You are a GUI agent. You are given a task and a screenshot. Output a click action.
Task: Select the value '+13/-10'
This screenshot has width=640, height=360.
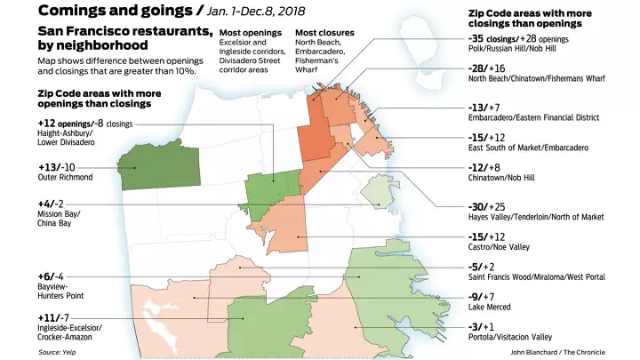pos(58,166)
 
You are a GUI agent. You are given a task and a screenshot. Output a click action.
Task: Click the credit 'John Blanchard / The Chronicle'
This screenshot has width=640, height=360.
pos(557,353)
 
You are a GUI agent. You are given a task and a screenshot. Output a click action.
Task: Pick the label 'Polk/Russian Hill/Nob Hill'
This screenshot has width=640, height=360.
pos(514,50)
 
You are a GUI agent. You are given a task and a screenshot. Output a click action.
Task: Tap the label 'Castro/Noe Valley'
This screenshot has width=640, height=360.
pos(498,248)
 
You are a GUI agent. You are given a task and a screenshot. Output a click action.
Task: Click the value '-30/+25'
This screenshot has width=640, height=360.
pos(486,206)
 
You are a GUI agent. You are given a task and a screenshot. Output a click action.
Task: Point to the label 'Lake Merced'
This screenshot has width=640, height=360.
pos(489,307)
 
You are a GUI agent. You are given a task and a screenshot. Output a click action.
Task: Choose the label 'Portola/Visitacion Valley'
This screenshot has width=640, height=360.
pos(509,337)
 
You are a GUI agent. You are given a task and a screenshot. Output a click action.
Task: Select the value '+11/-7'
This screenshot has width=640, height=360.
pos(54,317)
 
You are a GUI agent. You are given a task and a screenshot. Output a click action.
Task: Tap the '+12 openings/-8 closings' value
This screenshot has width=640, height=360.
pos(84,123)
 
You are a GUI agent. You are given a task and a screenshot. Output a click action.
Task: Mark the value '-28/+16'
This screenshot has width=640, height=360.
pos(486,68)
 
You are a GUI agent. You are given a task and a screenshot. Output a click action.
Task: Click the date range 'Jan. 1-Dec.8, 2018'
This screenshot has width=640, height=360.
pos(257,12)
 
